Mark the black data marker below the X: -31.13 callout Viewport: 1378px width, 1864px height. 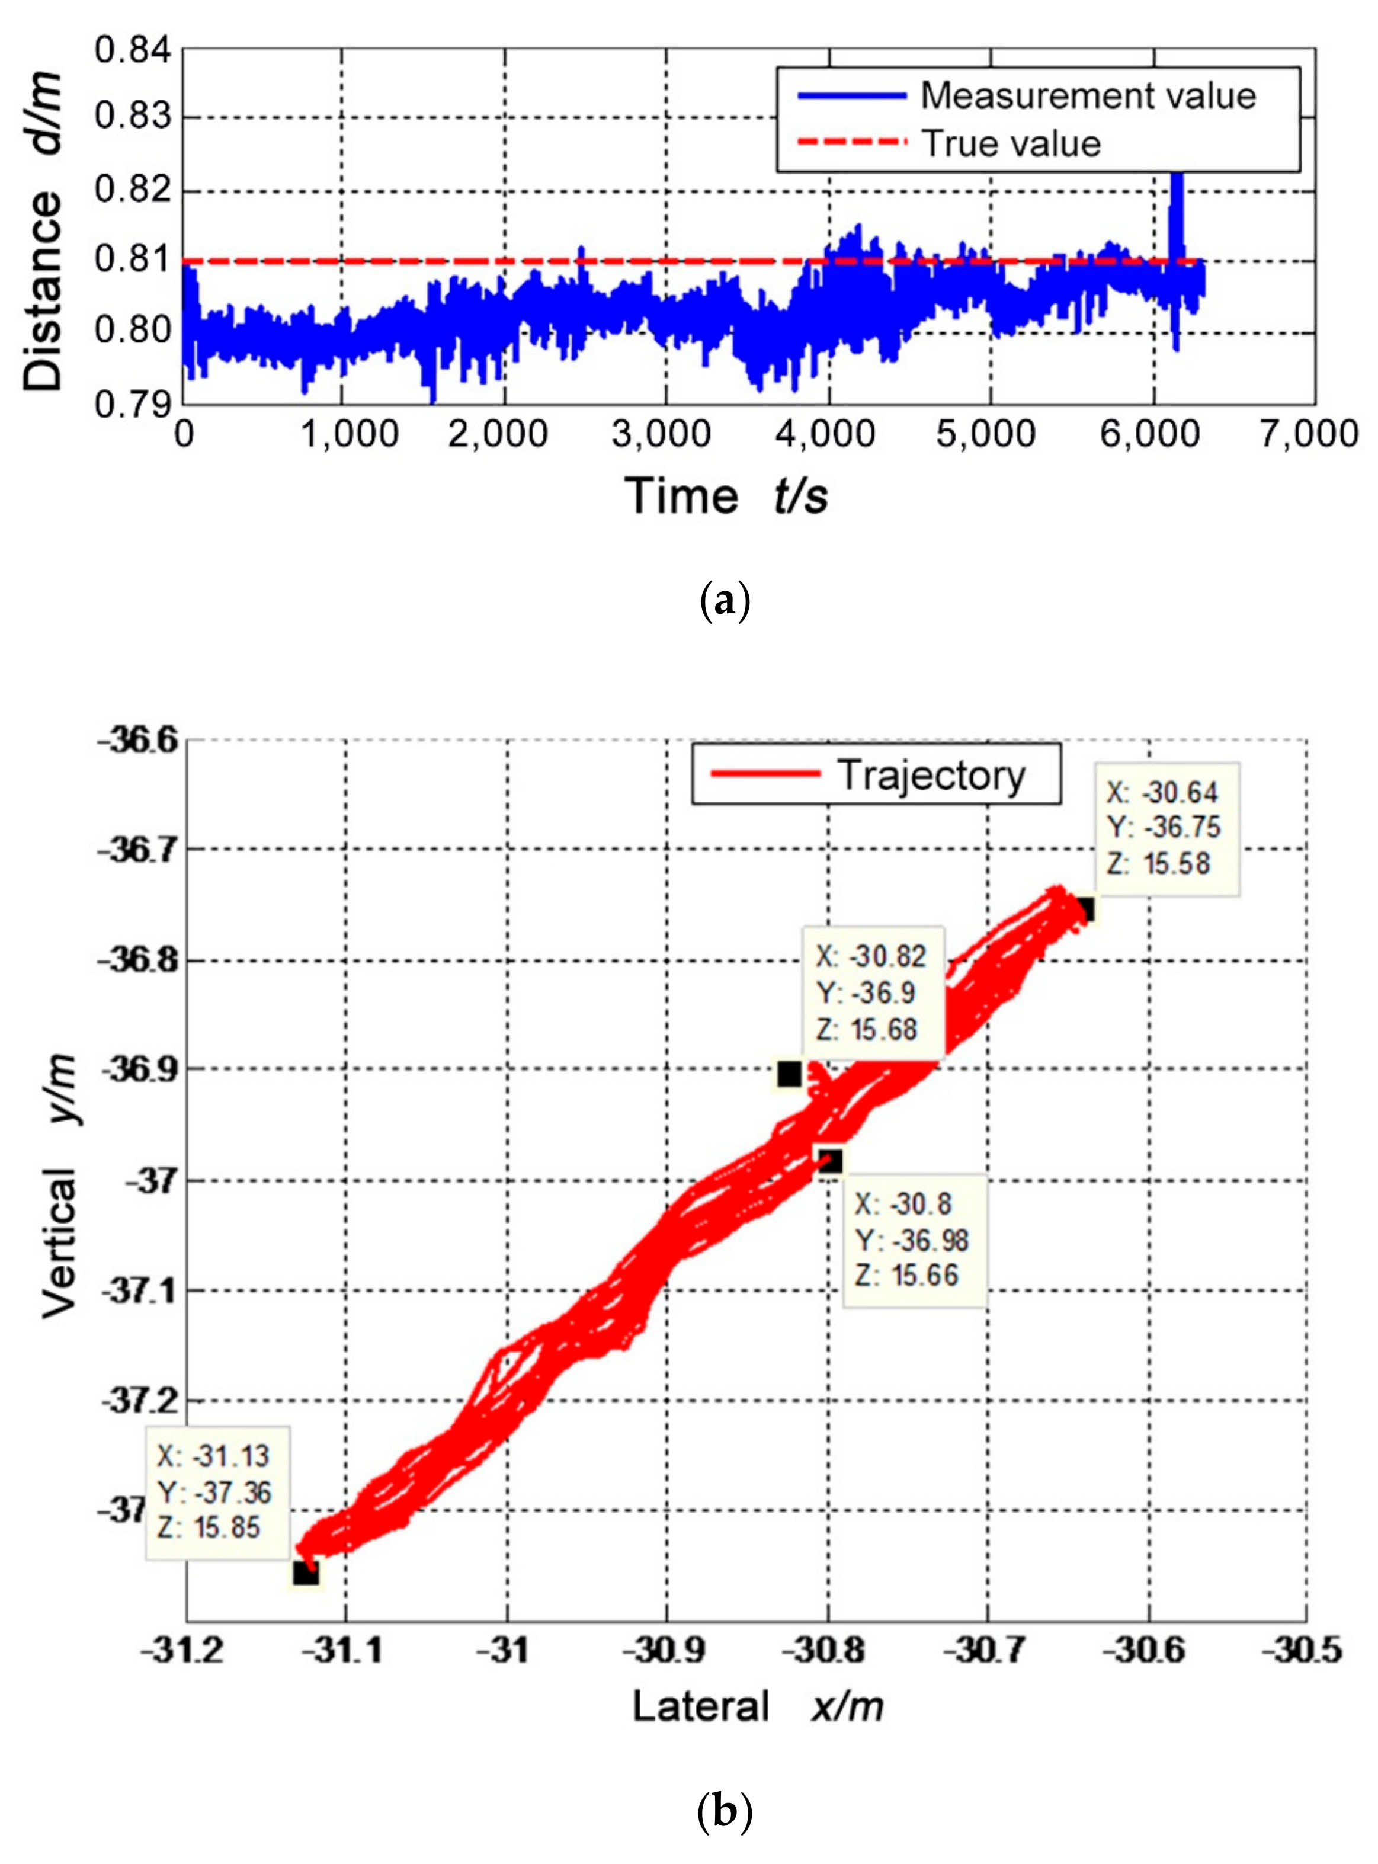(x=305, y=1573)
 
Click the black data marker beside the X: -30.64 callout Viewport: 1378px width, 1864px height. (x=1084, y=909)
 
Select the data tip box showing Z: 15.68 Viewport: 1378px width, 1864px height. (x=873, y=992)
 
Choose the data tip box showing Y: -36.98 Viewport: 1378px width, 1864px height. (x=914, y=1240)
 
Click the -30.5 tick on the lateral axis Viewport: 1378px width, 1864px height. (x=1306, y=1650)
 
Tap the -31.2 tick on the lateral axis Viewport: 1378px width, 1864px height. (x=187, y=1650)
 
